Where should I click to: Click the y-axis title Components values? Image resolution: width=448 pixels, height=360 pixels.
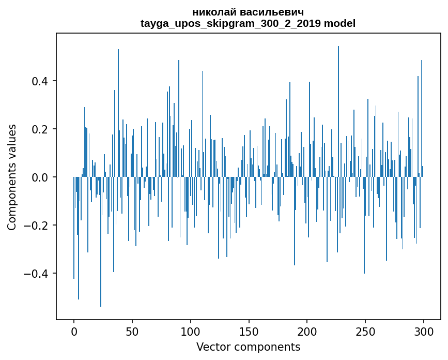click(12, 177)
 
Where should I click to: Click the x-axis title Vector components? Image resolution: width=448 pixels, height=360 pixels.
click(248, 347)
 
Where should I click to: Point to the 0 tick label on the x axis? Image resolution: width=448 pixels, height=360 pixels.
click(74, 331)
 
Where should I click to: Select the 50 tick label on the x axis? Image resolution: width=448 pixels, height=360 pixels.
click(132, 331)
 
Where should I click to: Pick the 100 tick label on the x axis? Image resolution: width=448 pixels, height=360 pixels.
click(191, 331)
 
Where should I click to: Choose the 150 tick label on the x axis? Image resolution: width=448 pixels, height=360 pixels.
click(249, 331)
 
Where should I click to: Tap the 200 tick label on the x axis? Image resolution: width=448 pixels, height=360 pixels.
click(307, 331)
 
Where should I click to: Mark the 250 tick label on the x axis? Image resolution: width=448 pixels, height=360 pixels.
click(365, 331)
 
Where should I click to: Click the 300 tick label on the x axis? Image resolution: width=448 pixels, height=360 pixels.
click(424, 331)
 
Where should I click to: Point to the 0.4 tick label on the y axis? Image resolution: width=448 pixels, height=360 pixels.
click(43, 81)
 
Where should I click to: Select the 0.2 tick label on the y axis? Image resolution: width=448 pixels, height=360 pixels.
click(43, 129)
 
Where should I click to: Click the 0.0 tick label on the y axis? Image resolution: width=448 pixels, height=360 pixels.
click(43, 177)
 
